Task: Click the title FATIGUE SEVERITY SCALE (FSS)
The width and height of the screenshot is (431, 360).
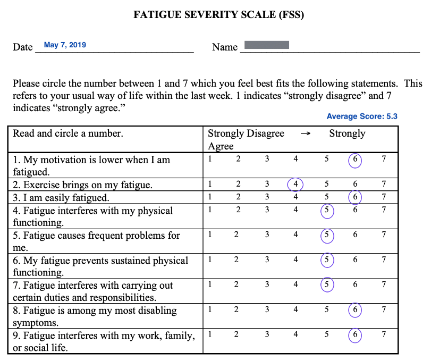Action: (x=218, y=15)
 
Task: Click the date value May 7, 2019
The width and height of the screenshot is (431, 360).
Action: (x=65, y=45)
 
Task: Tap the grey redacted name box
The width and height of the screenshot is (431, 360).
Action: (x=266, y=45)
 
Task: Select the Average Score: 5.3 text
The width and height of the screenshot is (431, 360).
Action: (x=362, y=116)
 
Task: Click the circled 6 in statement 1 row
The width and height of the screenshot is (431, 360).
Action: (x=355, y=160)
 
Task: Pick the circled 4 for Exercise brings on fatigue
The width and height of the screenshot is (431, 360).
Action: (x=295, y=185)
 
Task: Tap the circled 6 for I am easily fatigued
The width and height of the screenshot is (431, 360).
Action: (x=355, y=197)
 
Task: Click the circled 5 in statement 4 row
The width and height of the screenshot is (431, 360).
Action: (x=327, y=211)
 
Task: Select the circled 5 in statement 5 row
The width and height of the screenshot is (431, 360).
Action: (x=327, y=235)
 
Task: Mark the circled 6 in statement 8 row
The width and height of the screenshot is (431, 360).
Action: (x=355, y=310)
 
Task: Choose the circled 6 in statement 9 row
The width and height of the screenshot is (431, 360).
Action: (x=355, y=335)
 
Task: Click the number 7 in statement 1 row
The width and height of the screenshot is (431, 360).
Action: (x=384, y=159)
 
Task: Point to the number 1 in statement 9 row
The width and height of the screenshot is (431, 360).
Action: (x=210, y=334)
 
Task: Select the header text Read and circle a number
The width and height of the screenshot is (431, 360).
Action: (x=68, y=133)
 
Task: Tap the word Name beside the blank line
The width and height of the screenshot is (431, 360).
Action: (x=225, y=47)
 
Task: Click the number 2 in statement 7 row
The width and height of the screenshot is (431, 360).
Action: (x=236, y=284)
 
